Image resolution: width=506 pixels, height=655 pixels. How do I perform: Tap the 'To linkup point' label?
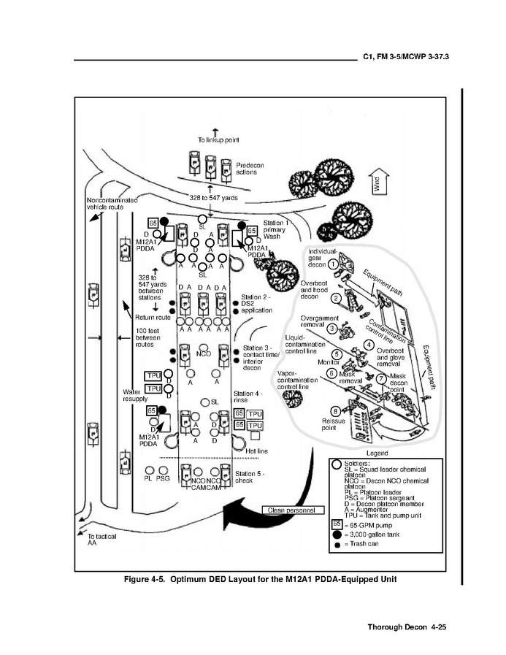(x=218, y=139)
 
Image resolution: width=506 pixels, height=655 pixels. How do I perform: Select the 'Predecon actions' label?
(x=250, y=169)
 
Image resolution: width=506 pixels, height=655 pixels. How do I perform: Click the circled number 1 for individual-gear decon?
(x=331, y=264)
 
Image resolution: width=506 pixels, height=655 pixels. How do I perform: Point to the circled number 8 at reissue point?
(x=335, y=410)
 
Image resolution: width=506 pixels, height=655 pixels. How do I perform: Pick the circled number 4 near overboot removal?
(x=369, y=345)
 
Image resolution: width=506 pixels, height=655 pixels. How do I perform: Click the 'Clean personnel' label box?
(x=290, y=510)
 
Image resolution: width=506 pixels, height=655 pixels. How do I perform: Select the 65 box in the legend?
(x=337, y=524)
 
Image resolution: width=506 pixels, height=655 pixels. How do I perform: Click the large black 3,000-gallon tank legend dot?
(x=337, y=535)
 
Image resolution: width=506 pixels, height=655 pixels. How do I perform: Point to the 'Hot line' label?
(x=256, y=451)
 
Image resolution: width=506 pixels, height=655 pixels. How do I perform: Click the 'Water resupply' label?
(x=136, y=396)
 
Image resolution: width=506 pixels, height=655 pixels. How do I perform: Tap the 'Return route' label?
(x=153, y=318)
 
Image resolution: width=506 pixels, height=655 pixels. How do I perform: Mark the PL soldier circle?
(x=150, y=470)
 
